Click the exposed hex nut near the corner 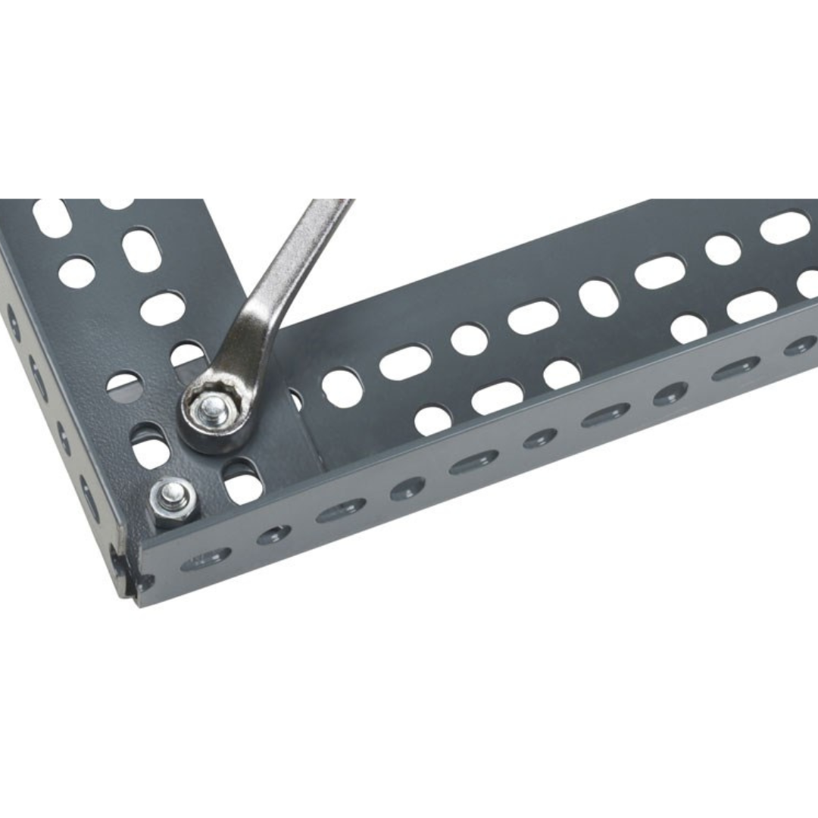click(x=173, y=501)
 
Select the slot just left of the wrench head click(x=151, y=448)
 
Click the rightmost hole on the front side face click(x=800, y=346)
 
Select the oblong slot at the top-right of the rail click(x=785, y=227)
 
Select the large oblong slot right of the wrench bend click(x=404, y=362)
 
